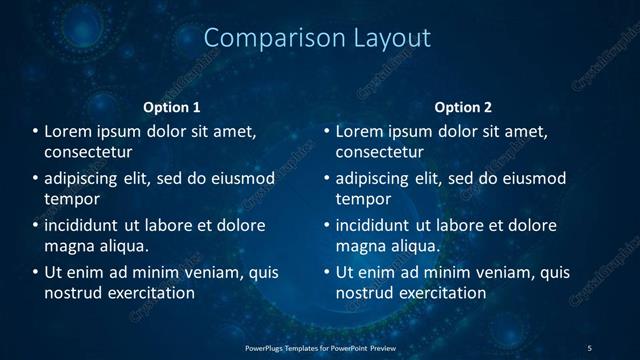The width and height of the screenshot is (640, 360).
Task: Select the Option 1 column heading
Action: click(x=172, y=107)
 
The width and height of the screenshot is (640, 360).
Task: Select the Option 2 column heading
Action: click(x=463, y=107)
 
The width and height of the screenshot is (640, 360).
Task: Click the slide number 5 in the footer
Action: click(x=589, y=347)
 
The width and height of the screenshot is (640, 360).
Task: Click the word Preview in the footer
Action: click(x=383, y=347)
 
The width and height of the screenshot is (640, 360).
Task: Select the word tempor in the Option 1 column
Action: click(x=69, y=199)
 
